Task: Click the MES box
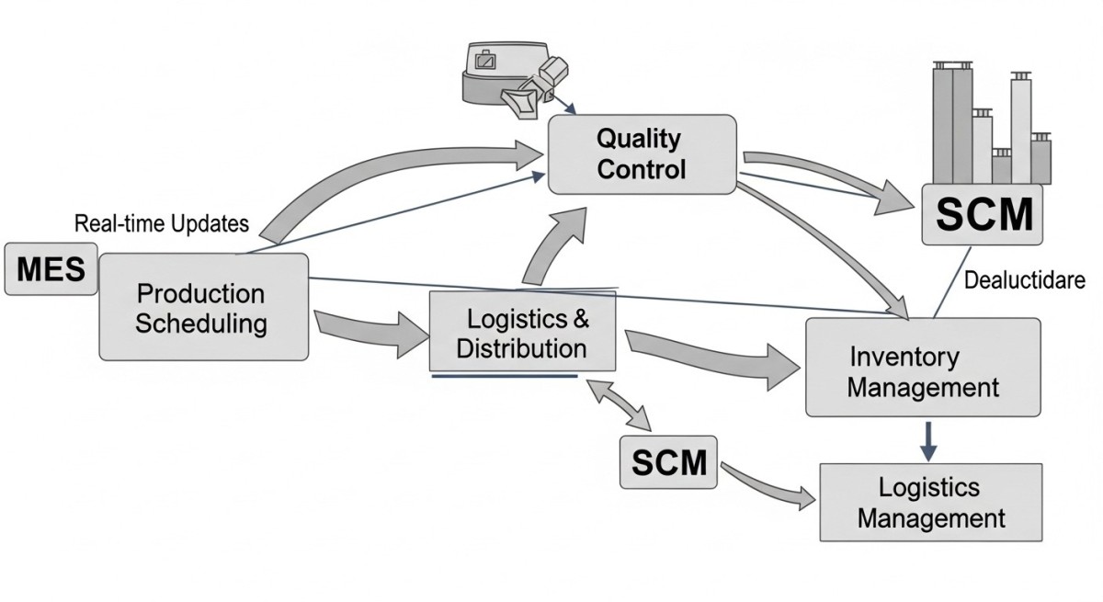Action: tap(51, 269)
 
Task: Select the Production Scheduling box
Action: tap(203, 307)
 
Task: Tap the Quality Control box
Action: tap(642, 153)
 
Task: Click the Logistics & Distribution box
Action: tap(523, 333)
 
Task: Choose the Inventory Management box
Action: tap(923, 368)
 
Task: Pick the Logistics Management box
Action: tap(931, 502)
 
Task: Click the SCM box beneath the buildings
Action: tap(984, 215)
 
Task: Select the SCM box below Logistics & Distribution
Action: tap(668, 462)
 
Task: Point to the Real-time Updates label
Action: tap(162, 223)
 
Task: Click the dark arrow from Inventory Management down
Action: tap(928, 439)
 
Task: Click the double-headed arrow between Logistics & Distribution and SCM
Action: tap(623, 404)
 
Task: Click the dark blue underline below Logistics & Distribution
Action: tap(504, 376)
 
